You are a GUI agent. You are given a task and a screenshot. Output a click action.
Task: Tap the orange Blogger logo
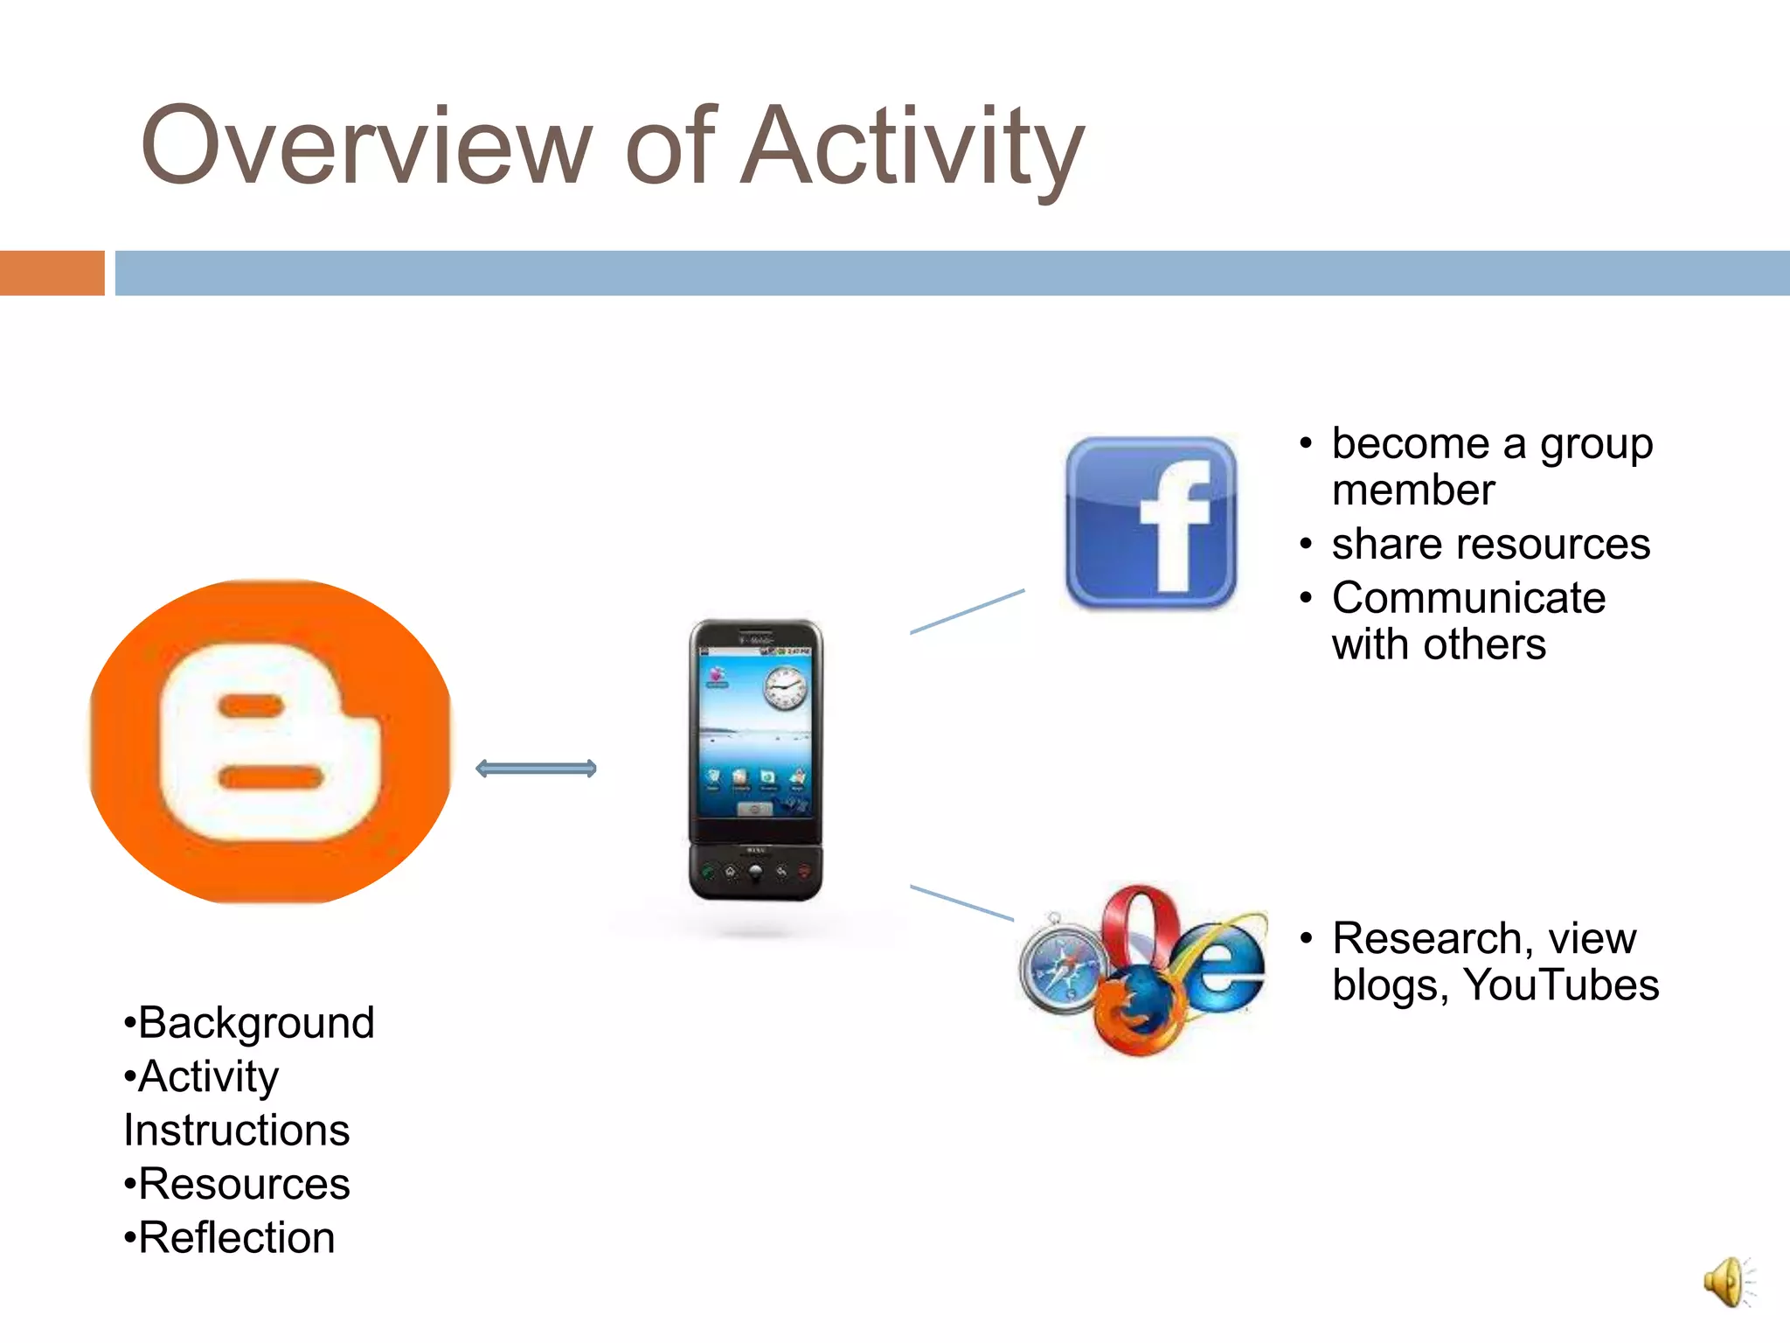[270, 741]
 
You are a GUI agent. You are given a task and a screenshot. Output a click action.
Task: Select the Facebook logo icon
[1150, 523]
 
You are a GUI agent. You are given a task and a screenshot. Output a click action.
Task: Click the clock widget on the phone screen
[786, 688]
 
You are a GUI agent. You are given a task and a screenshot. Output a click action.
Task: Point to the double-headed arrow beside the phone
[536, 769]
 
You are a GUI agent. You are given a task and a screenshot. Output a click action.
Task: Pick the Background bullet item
[250, 1023]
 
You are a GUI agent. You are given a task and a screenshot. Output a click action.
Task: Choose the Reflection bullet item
[230, 1238]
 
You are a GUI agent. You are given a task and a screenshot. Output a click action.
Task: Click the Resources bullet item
[238, 1185]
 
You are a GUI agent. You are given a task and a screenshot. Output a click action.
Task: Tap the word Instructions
[237, 1131]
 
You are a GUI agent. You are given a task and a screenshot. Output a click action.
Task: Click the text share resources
[1490, 545]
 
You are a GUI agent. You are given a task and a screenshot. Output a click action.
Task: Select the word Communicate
[1468, 599]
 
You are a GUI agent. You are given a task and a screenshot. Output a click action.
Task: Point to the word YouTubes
[1560, 985]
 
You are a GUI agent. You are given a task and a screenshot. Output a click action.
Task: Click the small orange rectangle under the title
[52, 273]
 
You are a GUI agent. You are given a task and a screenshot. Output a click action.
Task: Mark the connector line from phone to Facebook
[967, 611]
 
